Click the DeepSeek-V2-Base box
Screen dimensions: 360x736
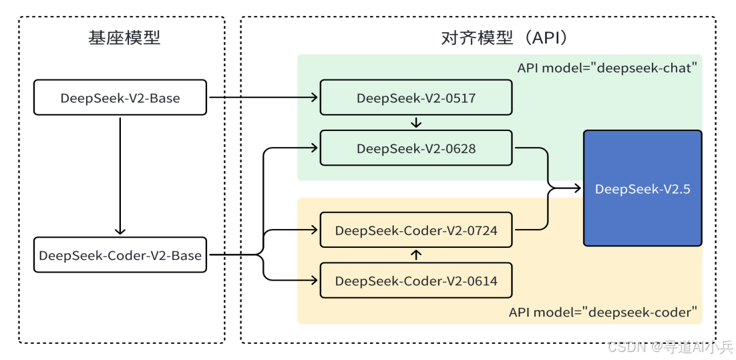tap(120, 98)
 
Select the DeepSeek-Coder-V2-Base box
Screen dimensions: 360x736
tap(120, 254)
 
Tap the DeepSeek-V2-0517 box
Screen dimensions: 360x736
tap(416, 98)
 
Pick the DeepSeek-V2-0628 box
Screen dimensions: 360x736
tap(416, 148)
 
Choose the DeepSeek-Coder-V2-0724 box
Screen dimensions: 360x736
tap(416, 230)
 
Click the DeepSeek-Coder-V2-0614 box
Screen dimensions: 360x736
tap(416, 281)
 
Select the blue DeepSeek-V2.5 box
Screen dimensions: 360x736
tap(642, 189)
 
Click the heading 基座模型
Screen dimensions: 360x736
tap(124, 37)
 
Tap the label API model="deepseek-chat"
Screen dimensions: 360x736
tap(607, 67)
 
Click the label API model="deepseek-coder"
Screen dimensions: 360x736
tap(603, 312)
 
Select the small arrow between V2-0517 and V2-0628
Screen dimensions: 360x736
tap(416, 123)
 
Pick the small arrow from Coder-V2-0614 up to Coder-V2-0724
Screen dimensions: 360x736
tap(416, 255)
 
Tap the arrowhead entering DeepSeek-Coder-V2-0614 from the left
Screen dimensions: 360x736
tap(314, 281)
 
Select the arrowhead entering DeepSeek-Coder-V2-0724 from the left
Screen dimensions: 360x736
tap(314, 230)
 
